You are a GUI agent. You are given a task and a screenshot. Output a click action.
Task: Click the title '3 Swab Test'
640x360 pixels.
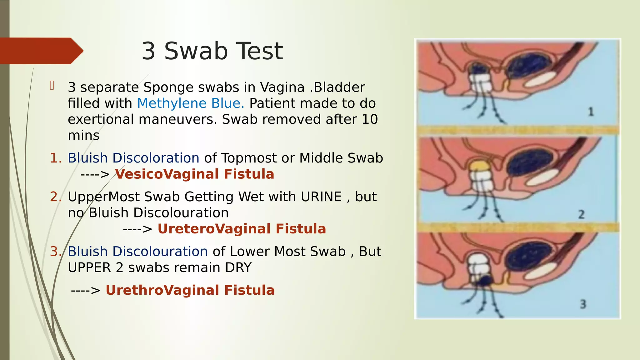(212, 51)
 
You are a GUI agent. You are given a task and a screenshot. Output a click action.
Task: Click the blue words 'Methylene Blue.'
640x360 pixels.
(190, 103)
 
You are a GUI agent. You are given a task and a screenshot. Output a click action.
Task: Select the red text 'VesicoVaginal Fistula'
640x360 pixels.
(194, 174)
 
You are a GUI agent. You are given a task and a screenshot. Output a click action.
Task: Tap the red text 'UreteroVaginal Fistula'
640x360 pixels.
(242, 229)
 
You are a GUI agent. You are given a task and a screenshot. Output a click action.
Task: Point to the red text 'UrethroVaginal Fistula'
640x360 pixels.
(190, 290)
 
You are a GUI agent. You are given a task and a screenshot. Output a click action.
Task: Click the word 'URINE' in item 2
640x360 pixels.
(321, 197)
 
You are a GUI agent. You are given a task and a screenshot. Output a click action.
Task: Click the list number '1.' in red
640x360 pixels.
(56, 158)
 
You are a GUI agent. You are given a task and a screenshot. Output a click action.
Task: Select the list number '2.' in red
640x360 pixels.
(56, 197)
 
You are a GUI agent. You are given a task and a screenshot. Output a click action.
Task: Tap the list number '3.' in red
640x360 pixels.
(56, 252)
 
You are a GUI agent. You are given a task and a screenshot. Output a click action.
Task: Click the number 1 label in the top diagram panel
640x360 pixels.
(591, 112)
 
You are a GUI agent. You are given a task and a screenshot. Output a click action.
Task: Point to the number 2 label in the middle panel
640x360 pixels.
(581, 214)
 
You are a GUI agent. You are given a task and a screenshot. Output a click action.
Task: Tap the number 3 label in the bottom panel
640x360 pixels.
(583, 304)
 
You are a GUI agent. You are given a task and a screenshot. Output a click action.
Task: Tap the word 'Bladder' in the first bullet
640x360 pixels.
(339, 87)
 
